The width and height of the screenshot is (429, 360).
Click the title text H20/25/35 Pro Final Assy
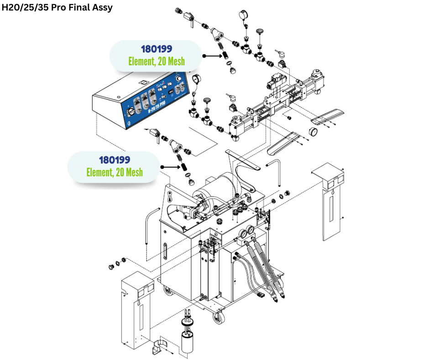click(57, 8)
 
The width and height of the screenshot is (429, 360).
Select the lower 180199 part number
click(115, 160)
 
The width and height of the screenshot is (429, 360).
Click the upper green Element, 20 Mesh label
click(156, 61)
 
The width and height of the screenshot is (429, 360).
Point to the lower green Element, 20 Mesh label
click(115, 172)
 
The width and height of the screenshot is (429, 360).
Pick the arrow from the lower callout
click(171, 167)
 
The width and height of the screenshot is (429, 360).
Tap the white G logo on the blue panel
click(131, 123)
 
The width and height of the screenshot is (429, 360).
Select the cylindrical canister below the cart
click(188, 343)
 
